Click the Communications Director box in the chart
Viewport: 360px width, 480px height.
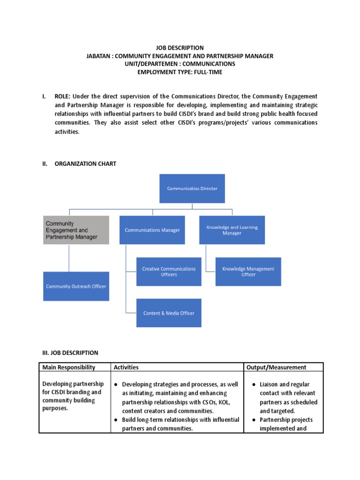(192, 188)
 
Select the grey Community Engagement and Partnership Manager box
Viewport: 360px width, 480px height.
(76, 230)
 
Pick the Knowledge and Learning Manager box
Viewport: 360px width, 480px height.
(232, 230)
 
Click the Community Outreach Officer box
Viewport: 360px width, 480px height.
(76, 286)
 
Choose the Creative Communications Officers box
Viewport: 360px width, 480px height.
(169, 271)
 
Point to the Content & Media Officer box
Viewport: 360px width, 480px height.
(169, 313)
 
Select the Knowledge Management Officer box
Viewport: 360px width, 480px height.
(248, 271)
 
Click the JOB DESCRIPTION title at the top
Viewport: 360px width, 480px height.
(180, 48)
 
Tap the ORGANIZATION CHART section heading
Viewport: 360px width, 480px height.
(85, 164)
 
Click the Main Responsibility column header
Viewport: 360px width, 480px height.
(69, 367)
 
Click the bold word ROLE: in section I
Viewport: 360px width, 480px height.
(63, 96)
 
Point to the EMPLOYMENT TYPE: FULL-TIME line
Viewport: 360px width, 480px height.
(180, 72)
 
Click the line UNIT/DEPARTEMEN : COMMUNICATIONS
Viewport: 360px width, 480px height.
(180, 64)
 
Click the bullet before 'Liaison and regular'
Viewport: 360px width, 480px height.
(254, 384)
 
